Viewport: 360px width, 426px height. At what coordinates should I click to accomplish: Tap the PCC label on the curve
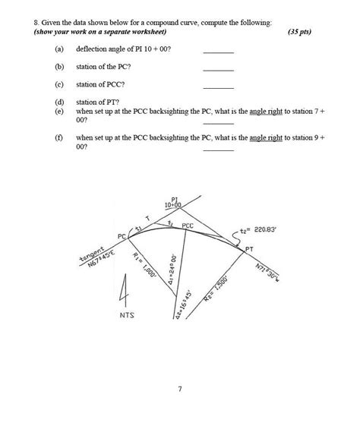point(188,226)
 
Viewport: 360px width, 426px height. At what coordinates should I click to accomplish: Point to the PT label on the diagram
point(249,248)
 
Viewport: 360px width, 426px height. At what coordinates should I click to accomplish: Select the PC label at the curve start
point(122,237)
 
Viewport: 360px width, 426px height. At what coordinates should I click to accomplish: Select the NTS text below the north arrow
point(127,314)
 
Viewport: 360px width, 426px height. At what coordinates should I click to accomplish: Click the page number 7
point(180,390)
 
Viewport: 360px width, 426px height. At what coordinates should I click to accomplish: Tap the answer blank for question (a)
point(219,51)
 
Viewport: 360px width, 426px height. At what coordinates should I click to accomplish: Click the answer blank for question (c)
point(219,84)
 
